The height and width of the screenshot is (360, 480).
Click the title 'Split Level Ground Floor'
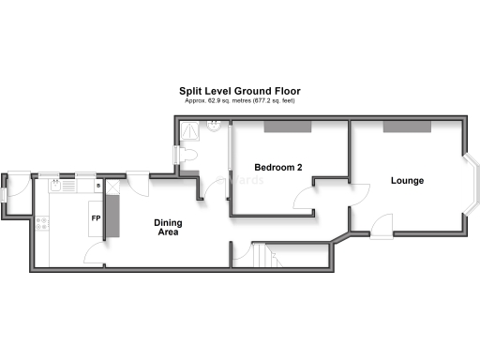coord(240,91)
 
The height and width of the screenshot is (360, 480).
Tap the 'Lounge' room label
coord(407,180)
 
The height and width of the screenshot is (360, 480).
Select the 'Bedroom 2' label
coord(277,168)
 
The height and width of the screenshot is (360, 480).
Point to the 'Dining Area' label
coord(169,227)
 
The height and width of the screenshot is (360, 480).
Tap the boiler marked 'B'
coord(97,186)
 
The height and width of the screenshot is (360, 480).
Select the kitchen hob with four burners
coord(43,224)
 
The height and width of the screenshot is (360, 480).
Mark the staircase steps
coord(262,254)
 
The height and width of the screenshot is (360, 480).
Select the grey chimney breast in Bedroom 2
coord(281,126)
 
